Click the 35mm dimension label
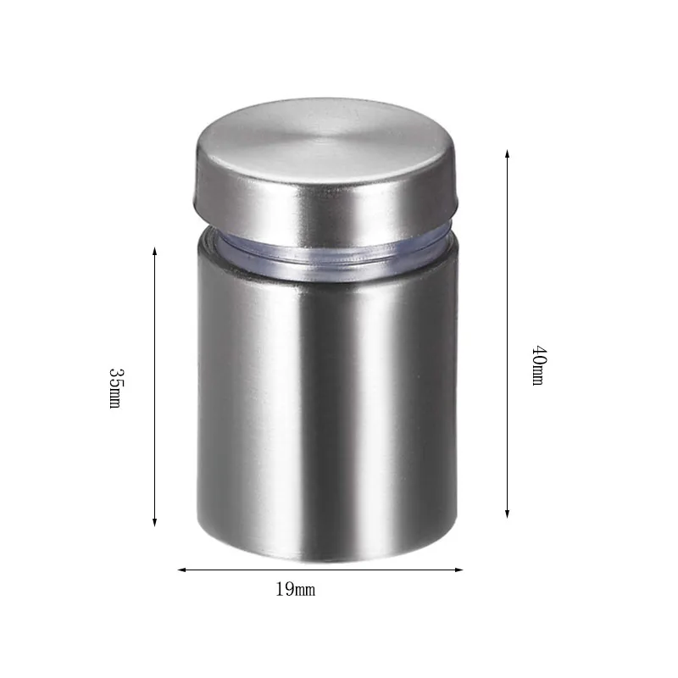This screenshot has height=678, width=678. coord(115,388)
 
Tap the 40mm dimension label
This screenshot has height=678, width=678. coord(538,365)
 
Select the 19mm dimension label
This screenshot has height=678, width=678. coord(296,589)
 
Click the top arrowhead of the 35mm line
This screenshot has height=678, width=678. coord(154,252)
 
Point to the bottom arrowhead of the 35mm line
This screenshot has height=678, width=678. coord(154,522)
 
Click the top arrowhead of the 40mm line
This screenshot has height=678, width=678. coord(507,154)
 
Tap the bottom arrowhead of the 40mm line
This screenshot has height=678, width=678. coord(507,513)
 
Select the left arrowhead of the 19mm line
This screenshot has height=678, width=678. coord(182,570)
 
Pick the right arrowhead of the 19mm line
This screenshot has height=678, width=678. coord(458,570)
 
